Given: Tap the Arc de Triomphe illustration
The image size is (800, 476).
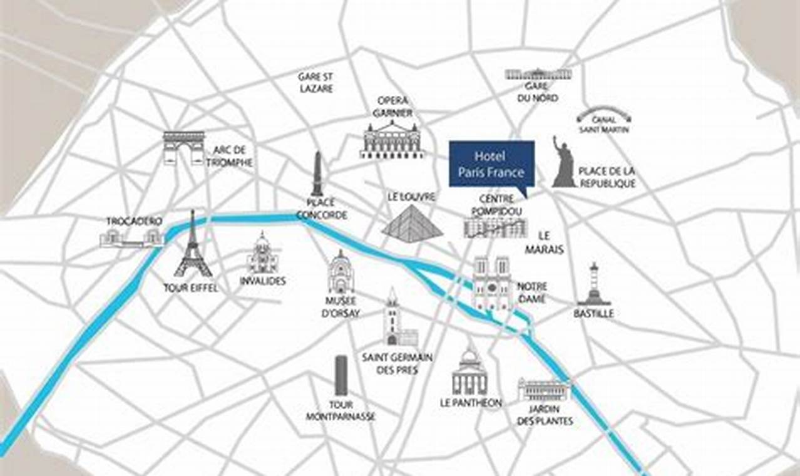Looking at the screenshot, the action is click(184, 148).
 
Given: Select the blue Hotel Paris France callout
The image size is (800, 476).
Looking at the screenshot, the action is click(491, 163).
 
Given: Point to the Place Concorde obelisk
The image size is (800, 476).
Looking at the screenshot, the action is click(317, 173).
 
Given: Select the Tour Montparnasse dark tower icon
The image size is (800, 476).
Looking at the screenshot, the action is click(341, 375).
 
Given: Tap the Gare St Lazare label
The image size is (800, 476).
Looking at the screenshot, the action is click(315, 83).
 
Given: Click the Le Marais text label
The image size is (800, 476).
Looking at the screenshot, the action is click(544, 242).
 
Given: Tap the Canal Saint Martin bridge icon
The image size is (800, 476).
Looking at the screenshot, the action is click(603, 113).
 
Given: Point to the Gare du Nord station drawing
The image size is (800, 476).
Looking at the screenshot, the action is click(538, 74).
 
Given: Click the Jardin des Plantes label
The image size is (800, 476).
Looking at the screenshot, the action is click(545, 415).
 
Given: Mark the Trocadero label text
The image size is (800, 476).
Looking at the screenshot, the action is click(134, 221).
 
